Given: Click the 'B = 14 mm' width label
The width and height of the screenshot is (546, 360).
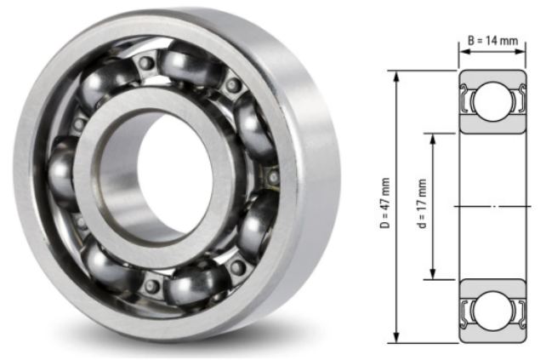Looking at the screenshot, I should [x=494, y=39].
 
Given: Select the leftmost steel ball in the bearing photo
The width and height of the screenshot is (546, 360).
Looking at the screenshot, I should [x=64, y=170].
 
